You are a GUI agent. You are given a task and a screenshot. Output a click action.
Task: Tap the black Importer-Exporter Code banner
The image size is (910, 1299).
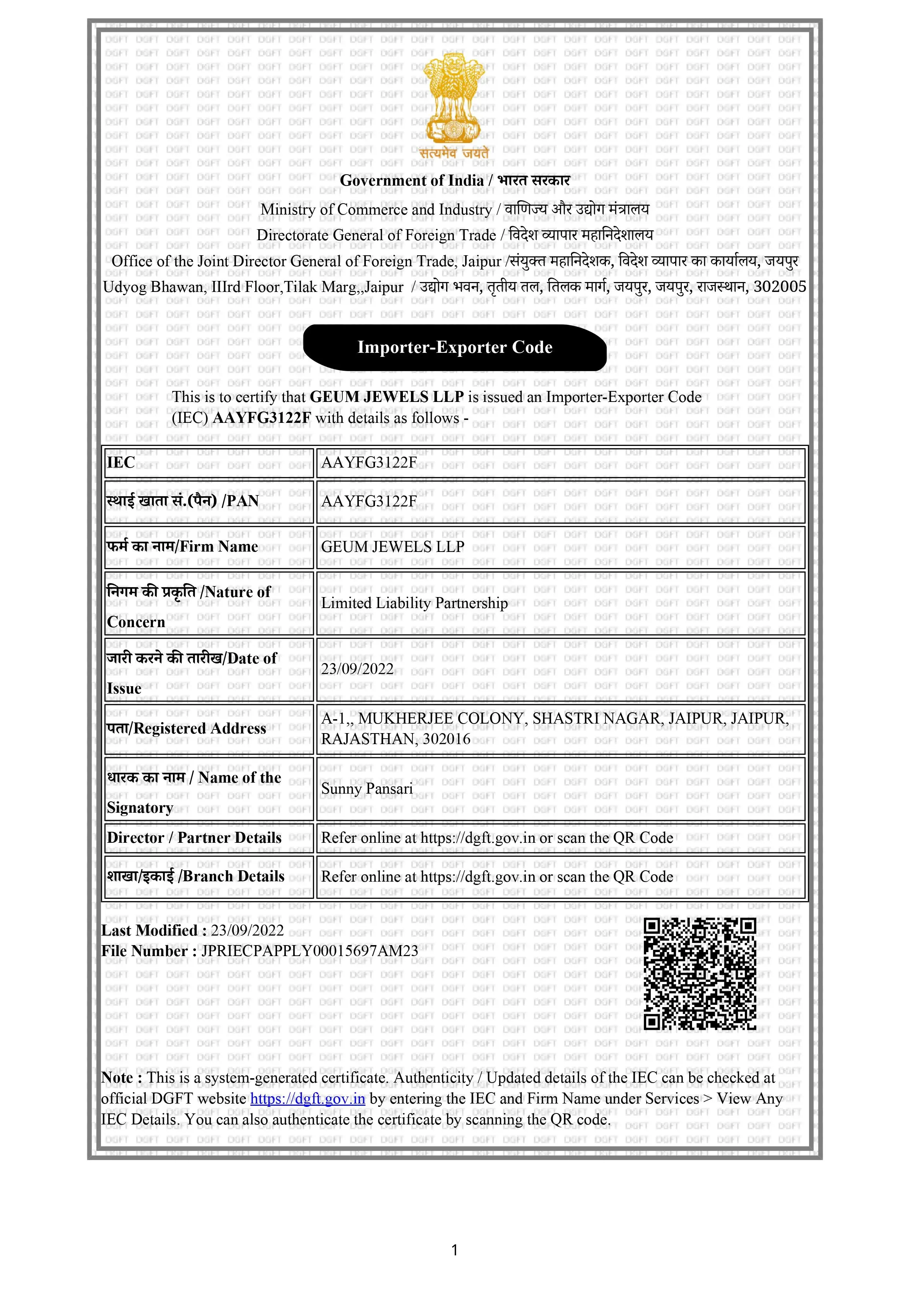coord(454,347)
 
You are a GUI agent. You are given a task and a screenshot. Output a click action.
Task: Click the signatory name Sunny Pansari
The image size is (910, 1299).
coord(367,788)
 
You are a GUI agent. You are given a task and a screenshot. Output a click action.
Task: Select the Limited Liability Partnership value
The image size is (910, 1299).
coord(414,603)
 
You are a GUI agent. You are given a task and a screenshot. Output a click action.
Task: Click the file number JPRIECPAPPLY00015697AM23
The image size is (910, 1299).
coord(310,951)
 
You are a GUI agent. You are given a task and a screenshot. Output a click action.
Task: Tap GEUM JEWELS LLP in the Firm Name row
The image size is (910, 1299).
coord(393,546)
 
